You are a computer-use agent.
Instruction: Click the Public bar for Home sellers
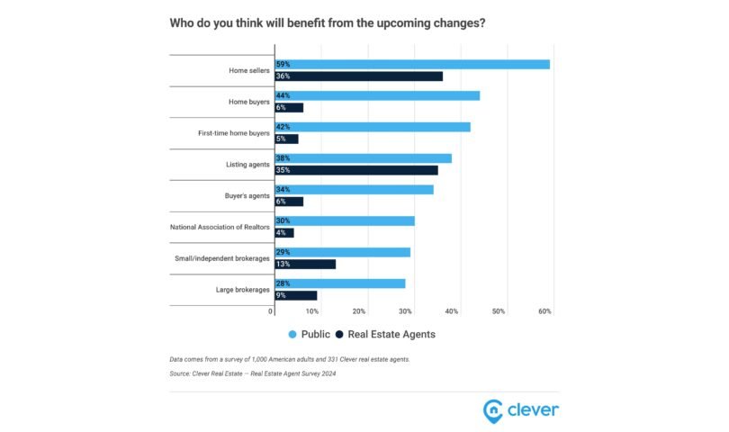click(x=411, y=64)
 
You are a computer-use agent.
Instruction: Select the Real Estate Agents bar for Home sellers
click(x=358, y=76)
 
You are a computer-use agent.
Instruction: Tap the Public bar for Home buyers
click(x=376, y=95)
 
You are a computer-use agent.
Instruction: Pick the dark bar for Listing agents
click(x=355, y=170)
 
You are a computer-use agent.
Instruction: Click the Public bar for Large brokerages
click(x=339, y=283)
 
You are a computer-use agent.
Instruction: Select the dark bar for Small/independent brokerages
click(x=304, y=264)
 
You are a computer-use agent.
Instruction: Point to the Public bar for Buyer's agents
click(x=354, y=190)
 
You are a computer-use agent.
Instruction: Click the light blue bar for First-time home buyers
click(x=372, y=127)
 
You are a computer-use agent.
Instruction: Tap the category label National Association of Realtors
click(x=220, y=227)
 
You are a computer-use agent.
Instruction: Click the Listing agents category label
click(x=247, y=165)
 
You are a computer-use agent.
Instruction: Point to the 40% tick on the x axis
click(x=452, y=311)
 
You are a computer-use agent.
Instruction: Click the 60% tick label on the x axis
click(x=545, y=311)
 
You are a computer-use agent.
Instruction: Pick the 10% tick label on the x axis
click(x=312, y=311)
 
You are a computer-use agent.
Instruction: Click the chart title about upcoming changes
click(x=328, y=22)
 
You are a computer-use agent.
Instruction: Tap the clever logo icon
click(x=494, y=410)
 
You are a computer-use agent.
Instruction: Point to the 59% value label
click(x=283, y=64)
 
